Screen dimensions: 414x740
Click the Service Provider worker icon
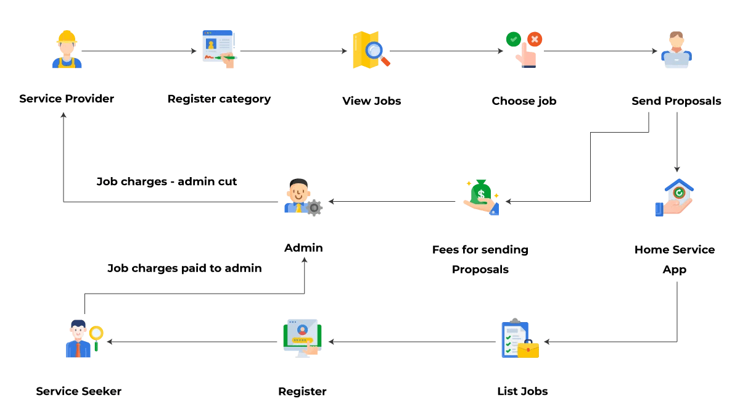pos(67,50)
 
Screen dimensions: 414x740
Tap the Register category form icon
pos(219,49)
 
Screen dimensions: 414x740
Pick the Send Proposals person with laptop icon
pos(676,50)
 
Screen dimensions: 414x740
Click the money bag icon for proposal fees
pos(481,197)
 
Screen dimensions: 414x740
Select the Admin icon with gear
pos(303,197)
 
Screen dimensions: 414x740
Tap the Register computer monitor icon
pos(302,338)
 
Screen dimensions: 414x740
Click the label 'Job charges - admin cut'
pos(166,182)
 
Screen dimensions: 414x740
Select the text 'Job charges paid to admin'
pos(184,268)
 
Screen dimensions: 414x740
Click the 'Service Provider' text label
pos(67,99)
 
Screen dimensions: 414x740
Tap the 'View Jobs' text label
pos(371,101)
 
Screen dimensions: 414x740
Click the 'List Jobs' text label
pos(522,391)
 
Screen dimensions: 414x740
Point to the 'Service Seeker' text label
pos(78,391)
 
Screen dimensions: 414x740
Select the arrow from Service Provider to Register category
pos(139,51)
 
